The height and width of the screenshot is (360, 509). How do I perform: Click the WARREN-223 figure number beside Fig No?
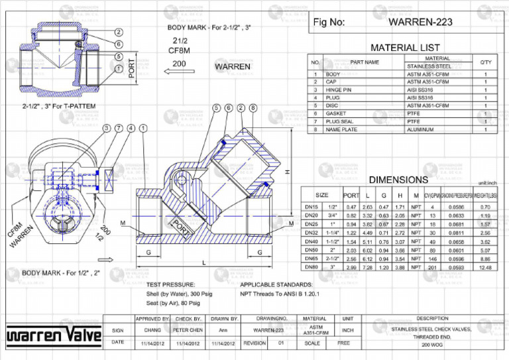click(x=420, y=22)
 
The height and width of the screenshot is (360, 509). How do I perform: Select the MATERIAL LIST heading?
click(x=404, y=48)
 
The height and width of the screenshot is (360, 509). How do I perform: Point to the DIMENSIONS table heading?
click(x=398, y=180)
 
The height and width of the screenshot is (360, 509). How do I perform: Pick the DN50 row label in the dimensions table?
click(x=311, y=251)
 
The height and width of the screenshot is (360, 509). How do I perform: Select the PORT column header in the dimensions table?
click(x=351, y=196)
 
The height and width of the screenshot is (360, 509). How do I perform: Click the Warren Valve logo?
click(x=54, y=337)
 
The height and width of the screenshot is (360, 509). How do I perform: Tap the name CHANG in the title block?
click(x=152, y=330)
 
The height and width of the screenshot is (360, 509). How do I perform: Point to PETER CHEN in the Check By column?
click(x=188, y=330)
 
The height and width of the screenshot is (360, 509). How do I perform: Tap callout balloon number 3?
click(x=107, y=128)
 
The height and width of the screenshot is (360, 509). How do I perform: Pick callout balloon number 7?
click(x=119, y=128)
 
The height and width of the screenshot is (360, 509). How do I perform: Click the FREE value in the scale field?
click(x=343, y=343)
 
